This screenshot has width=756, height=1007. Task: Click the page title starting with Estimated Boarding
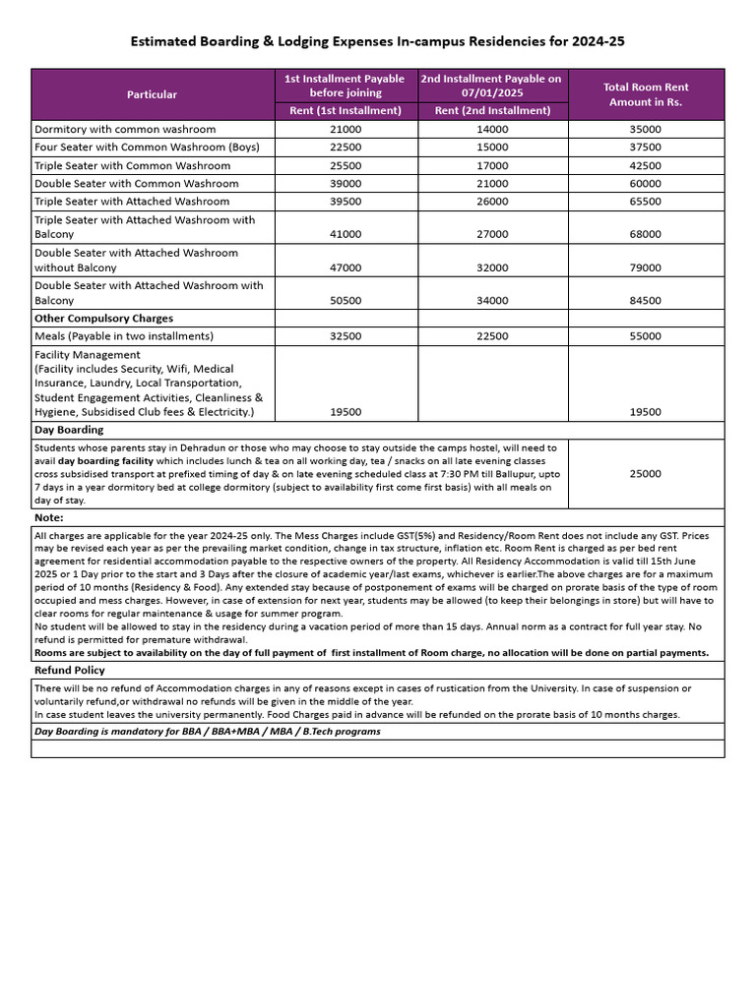(x=378, y=42)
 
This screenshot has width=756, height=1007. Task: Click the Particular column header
(x=152, y=94)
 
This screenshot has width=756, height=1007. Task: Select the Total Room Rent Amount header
(x=646, y=94)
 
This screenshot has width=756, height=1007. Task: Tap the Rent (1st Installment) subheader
(x=346, y=111)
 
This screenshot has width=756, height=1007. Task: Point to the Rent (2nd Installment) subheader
(x=492, y=111)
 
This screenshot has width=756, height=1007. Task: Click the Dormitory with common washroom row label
(x=125, y=129)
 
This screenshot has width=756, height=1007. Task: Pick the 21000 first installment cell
(x=346, y=129)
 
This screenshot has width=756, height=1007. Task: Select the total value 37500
(x=646, y=148)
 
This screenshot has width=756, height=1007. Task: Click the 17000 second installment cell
(x=492, y=166)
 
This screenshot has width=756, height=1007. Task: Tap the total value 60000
(x=646, y=184)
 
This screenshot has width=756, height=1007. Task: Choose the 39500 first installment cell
(x=346, y=202)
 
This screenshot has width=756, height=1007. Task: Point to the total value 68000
(x=646, y=234)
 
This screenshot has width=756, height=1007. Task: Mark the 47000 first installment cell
(x=346, y=267)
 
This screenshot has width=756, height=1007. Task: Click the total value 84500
(x=646, y=300)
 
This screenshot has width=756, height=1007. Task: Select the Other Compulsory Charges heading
(x=103, y=319)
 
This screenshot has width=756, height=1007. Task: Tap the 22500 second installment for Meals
(x=492, y=336)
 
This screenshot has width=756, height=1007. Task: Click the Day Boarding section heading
(x=69, y=430)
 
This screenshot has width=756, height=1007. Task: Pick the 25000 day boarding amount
(x=646, y=473)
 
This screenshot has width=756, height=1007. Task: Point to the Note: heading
(x=49, y=517)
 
